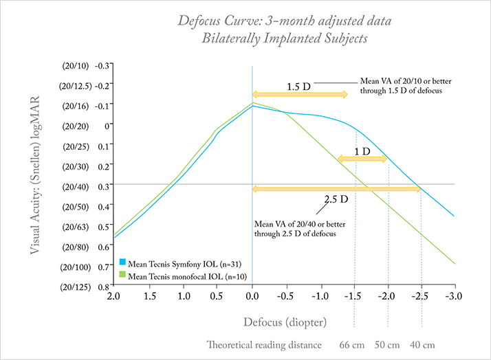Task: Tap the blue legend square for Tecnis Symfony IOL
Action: [122, 262]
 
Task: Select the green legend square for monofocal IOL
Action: [122, 275]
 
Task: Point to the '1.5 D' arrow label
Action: [299, 87]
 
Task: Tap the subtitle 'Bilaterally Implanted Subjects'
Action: [284, 38]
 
